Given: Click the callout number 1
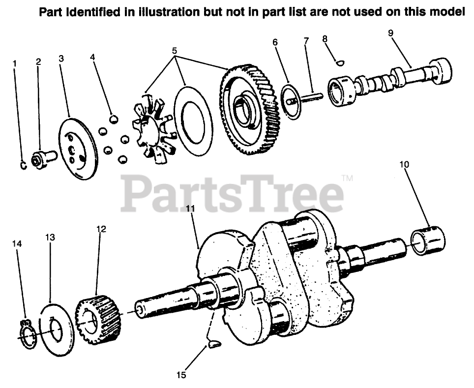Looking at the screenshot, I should (15, 63).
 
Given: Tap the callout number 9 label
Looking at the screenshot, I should (390, 33).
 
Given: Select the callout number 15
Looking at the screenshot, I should (181, 375).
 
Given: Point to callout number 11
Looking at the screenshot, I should (190, 209).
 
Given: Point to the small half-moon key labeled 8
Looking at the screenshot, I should (338, 62).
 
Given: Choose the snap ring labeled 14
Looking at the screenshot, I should (28, 336).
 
